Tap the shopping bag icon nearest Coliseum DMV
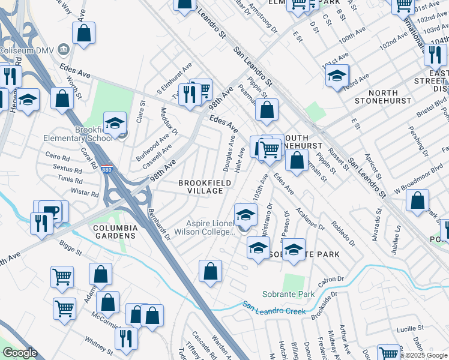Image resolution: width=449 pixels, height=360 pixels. (x=84, y=33)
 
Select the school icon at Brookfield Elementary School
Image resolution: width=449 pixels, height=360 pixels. (x=115, y=123)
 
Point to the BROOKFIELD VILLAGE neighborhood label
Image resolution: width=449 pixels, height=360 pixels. (x=201, y=187)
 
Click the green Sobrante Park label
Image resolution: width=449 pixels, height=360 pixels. (x=288, y=295)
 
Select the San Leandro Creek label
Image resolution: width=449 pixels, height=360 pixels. (x=274, y=308)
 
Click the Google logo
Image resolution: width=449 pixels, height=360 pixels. (x=20, y=353)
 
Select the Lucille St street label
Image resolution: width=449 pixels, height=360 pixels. (x=410, y=329)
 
